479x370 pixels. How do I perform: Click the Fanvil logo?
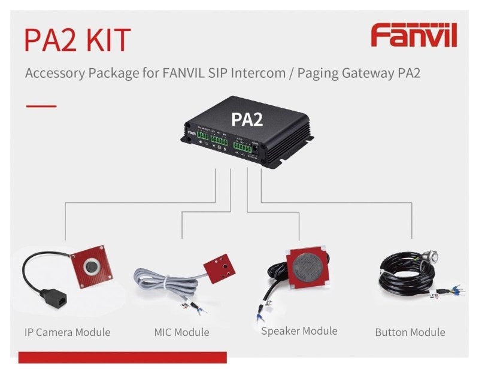tap(414, 35)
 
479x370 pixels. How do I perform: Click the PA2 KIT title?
tap(77, 39)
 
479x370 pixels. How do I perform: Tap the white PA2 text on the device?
tap(247, 119)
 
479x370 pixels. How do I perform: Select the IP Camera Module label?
tap(68, 332)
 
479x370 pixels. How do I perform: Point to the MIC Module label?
tap(181, 332)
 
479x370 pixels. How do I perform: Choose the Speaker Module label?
tap(299, 330)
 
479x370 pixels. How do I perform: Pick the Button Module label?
tap(410, 332)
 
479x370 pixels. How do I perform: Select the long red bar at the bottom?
tap(123, 357)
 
